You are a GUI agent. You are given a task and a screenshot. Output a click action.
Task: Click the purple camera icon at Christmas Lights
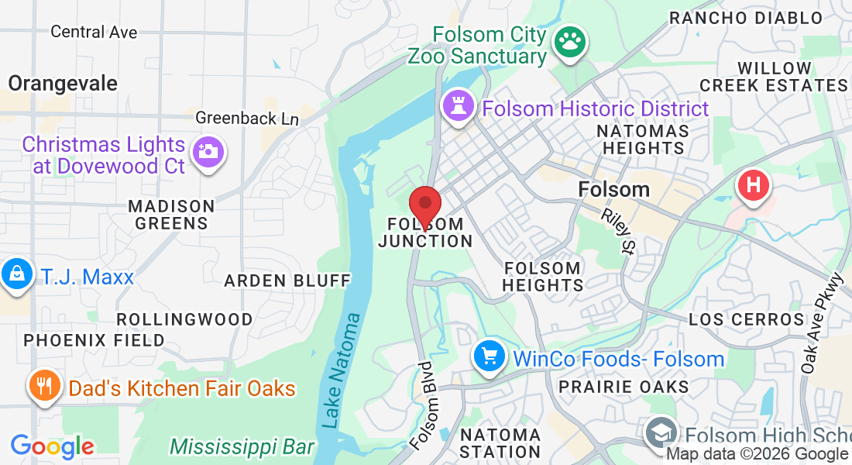click(x=208, y=150)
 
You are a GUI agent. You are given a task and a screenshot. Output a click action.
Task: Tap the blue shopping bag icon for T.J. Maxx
click(x=15, y=274)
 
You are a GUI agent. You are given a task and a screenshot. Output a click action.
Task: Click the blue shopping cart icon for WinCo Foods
click(x=490, y=356)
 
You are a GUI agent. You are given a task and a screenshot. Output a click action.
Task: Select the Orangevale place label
click(x=63, y=83)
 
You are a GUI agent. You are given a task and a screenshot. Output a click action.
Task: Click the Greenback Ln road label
click(x=246, y=119)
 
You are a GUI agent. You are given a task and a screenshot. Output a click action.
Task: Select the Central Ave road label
click(x=94, y=32)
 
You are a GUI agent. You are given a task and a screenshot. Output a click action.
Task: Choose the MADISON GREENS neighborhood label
click(x=171, y=215)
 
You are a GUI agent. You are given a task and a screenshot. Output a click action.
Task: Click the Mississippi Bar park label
click(x=242, y=447)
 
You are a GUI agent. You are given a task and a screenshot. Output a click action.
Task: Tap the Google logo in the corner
click(x=52, y=446)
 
